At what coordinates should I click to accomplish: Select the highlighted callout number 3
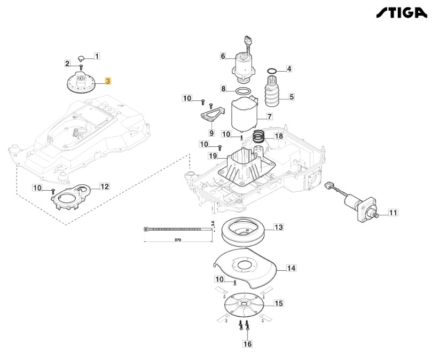click(x=108, y=81)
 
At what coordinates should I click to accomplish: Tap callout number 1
click(x=97, y=56)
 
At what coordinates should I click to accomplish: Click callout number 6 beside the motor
click(x=224, y=56)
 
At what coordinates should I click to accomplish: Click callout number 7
click(x=270, y=116)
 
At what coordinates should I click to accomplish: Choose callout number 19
click(x=213, y=156)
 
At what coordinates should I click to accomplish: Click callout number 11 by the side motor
click(x=393, y=213)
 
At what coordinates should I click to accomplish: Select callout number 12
click(x=105, y=187)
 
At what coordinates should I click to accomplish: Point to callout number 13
click(x=278, y=228)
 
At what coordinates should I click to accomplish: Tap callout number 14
click(x=292, y=268)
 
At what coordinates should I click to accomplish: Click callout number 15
click(x=278, y=303)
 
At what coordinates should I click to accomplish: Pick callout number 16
click(x=247, y=345)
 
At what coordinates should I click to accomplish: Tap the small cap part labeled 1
click(x=81, y=58)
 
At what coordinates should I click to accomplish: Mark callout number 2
click(x=67, y=64)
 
